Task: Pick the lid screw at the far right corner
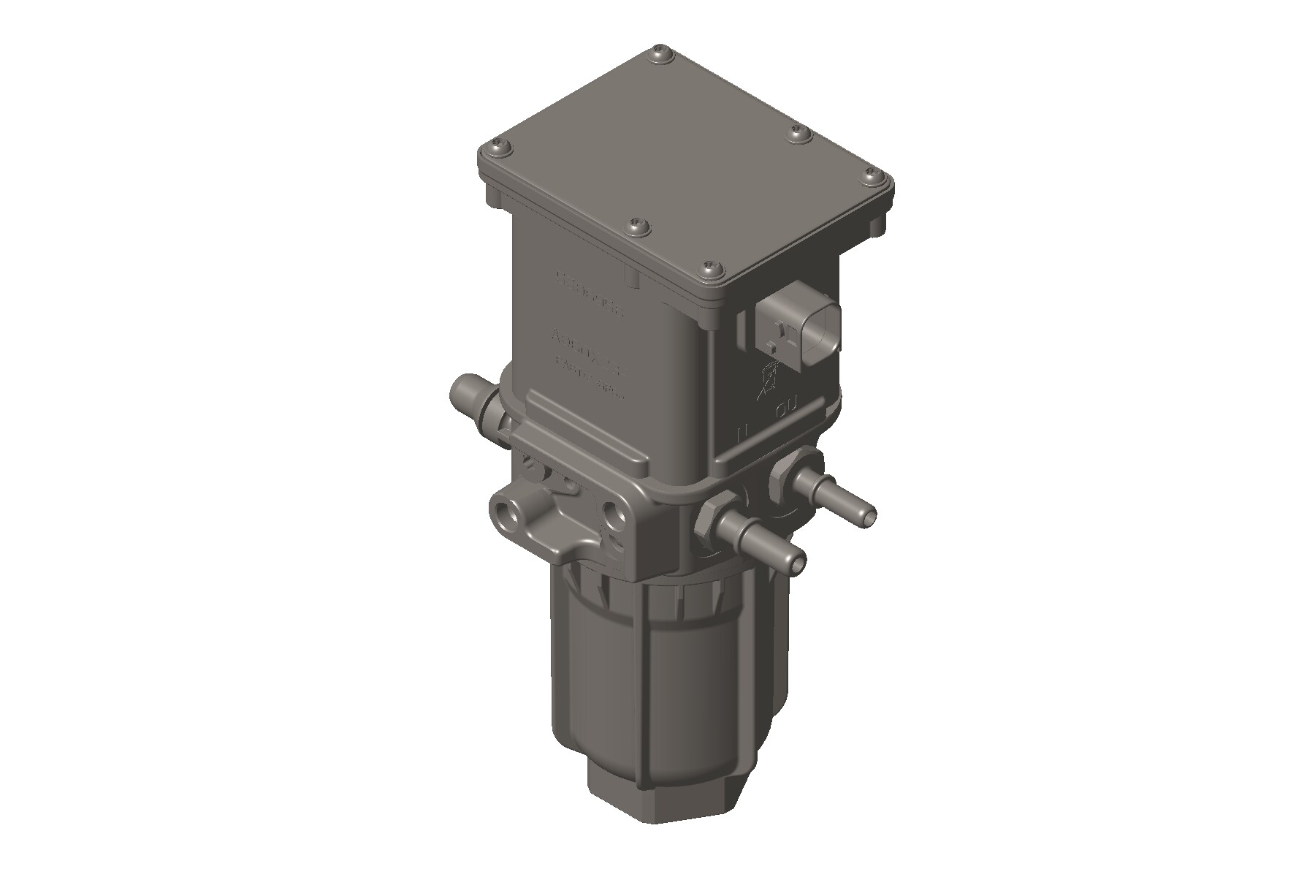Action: tap(872, 175)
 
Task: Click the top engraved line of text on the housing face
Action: tap(590, 283)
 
